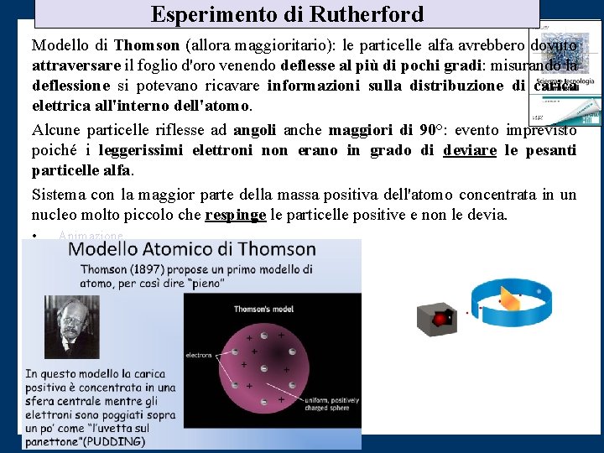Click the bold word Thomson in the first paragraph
pos(147,44)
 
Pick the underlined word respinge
pos(235,215)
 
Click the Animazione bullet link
pos(91,236)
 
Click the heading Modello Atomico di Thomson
pos(192,249)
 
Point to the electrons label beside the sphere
pos(199,355)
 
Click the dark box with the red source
pos(437,318)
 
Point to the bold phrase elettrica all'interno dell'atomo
pos(141,107)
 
